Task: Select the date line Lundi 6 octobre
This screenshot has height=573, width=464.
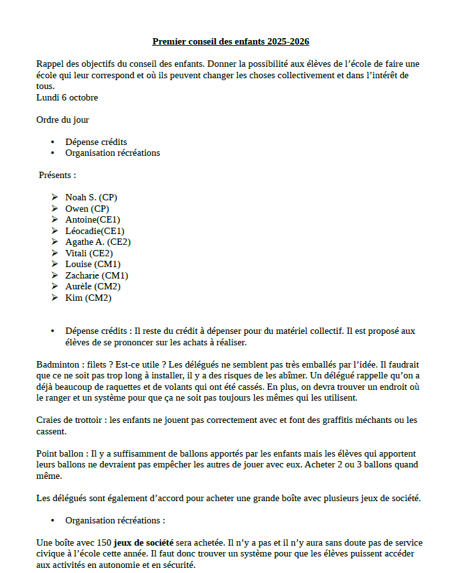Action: (x=67, y=97)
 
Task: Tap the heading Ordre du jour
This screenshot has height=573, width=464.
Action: (x=62, y=120)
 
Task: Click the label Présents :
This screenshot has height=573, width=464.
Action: (x=57, y=175)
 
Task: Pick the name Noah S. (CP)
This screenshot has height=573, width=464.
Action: (x=91, y=197)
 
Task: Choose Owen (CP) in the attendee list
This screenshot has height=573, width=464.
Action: (x=87, y=209)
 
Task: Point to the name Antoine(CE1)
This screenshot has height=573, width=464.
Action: (x=92, y=219)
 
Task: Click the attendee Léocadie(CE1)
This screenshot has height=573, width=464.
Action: (x=95, y=231)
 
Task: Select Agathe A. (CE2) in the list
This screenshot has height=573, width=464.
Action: (x=98, y=242)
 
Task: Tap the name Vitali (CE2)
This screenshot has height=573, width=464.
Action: (x=90, y=253)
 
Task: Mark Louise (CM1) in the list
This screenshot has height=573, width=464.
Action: (x=93, y=264)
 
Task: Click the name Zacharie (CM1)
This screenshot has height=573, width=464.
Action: (x=97, y=275)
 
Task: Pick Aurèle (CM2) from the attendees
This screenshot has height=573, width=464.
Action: (x=93, y=286)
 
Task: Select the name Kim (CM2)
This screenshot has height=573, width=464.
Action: (x=88, y=298)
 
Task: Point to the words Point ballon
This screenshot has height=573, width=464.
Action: (x=61, y=453)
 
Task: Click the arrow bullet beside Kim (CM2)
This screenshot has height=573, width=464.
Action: (x=55, y=298)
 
